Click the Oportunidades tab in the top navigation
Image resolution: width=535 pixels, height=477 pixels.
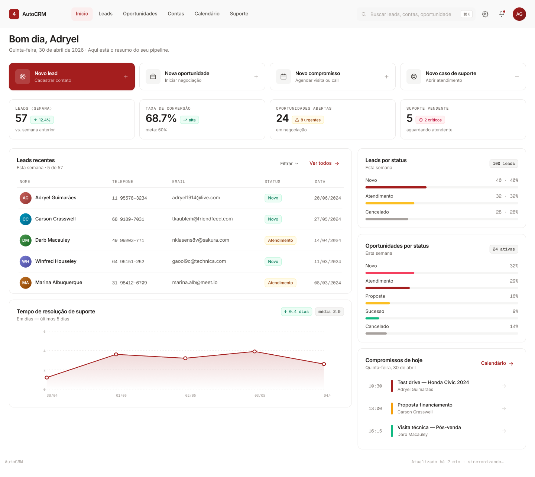pos(140,14)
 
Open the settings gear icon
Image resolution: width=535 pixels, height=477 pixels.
pos(485,14)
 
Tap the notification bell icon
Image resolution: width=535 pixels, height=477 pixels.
pos(502,14)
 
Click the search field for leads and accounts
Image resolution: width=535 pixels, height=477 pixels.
pos(416,14)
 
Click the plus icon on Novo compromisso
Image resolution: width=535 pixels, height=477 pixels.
pos(386,77)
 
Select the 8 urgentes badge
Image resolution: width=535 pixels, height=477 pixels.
pos(308,120)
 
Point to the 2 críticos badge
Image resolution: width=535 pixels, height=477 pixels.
pos(430,120)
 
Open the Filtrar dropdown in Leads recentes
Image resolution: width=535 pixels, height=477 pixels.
pos(289,164)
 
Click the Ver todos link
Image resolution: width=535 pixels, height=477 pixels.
pos(324,163)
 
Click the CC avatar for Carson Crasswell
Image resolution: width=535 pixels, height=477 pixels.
pos(26,219)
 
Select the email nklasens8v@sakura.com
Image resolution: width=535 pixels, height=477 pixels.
pos(201,240)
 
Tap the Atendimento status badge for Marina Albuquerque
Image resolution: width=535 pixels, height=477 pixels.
pos(281,283)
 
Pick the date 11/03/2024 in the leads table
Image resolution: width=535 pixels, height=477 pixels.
pos(327,262)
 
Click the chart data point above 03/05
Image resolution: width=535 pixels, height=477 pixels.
pos(254,351)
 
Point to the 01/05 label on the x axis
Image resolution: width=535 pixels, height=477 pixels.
pos(121,395)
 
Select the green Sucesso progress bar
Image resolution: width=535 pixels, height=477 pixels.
pos(372,319)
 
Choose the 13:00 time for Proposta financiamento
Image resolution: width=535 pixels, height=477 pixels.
pos(375,409)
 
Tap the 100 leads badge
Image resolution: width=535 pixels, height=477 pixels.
pos(503,164)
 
